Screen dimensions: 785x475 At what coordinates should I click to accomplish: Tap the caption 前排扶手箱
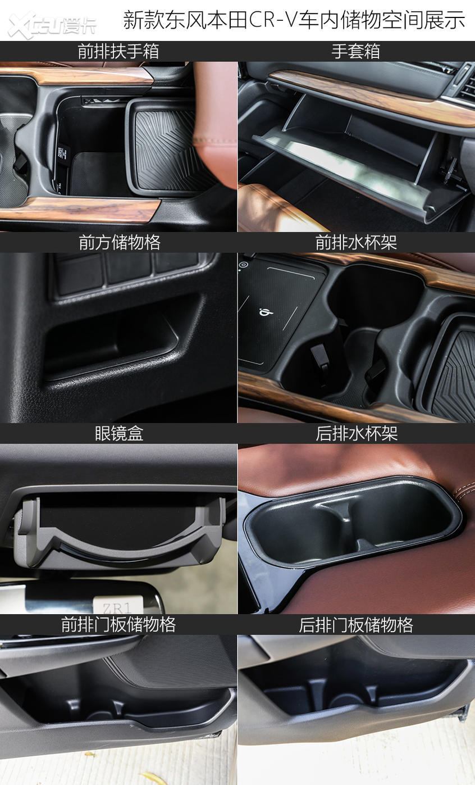pos(118,52)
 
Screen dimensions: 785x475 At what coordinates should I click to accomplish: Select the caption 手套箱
pos(356,52)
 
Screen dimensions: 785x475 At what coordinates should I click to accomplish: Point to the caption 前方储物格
pos(119,243)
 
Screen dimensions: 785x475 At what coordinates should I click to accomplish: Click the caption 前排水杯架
pos(356,243)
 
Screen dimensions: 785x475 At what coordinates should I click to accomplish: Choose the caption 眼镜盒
pos(119,434)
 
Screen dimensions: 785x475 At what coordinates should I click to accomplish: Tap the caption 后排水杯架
pos(356,434)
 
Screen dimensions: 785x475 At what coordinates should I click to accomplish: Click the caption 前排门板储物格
pos(118,625)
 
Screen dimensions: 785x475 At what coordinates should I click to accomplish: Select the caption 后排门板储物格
pos(356,625)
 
